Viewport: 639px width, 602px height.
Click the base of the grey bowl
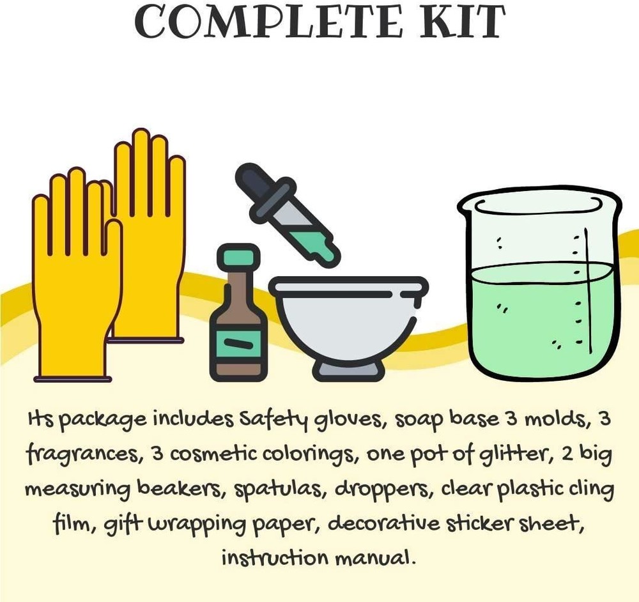tap(348, 369)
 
